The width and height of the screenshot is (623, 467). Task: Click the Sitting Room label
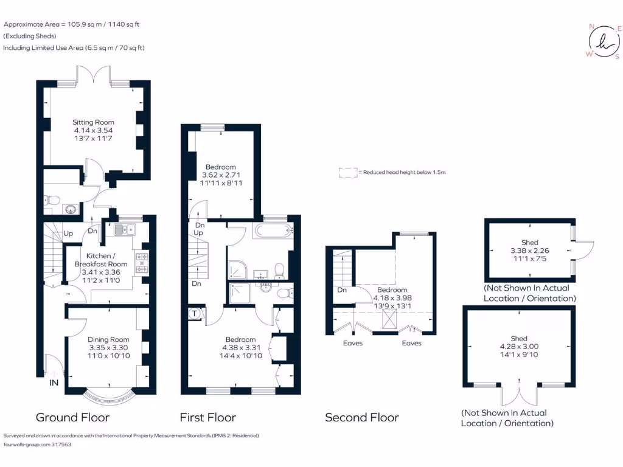click(x=94, y=122)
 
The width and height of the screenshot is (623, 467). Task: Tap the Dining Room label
click(x=109, y=339)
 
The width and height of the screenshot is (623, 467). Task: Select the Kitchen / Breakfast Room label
click(x=101, y=260)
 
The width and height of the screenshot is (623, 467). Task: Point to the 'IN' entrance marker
click(x=54, y=383)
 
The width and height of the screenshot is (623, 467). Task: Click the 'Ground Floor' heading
click(x=72, y=417)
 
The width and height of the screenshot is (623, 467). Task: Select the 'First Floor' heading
click(x=207, y=417)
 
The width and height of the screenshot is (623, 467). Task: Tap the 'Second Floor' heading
click(x=361, y=417)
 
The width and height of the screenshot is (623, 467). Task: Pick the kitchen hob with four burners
click(x=141, y=263)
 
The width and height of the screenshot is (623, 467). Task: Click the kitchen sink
click(x=123, y=229)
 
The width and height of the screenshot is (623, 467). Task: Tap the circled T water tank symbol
click(x=194, y=314)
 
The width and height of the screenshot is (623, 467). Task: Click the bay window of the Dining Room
click(x=109, y=398)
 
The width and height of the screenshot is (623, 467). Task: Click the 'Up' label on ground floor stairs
click(x=69, y=233)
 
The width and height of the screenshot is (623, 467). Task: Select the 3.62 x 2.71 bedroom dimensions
click(x=220, y=175)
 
